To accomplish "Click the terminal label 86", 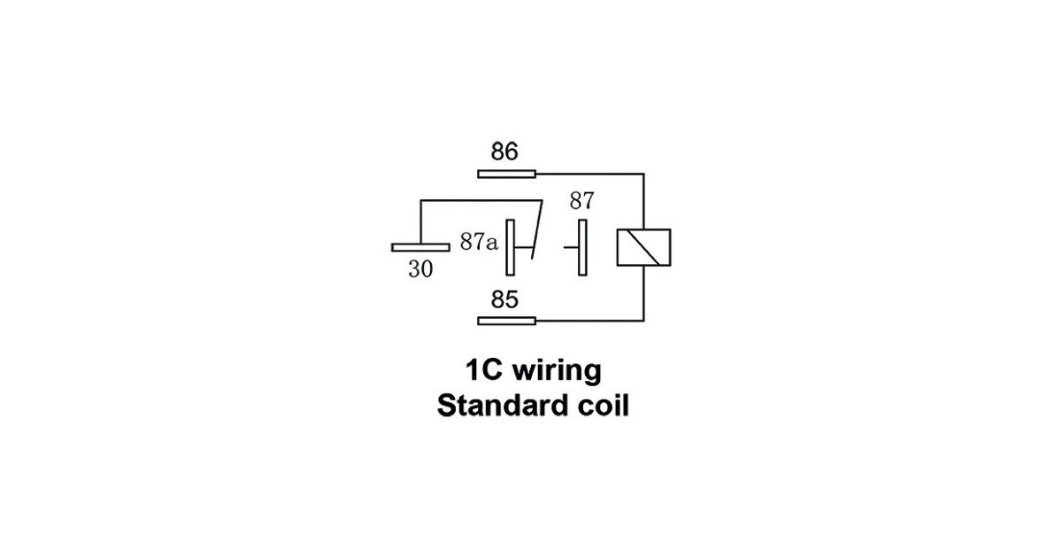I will coord(504,151).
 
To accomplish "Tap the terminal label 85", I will coord(504,300).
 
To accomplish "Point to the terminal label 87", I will coord(582,200).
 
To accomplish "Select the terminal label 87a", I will coord(479,242).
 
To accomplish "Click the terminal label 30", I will coord(420,269).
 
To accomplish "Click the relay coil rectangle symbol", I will coord(643,247).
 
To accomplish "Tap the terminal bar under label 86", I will coord(506,174).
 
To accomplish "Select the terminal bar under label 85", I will coord(506,321).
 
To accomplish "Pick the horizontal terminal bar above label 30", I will coord(420,247).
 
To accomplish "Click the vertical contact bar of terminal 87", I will coord(582,247).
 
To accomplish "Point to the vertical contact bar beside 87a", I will coord(510,247).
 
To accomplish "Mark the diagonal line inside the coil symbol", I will coord(643,247).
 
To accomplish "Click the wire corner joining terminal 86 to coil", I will coord(643,174).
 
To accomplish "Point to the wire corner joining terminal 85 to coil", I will coord(643,321).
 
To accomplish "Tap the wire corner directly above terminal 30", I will coord(420,201).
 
